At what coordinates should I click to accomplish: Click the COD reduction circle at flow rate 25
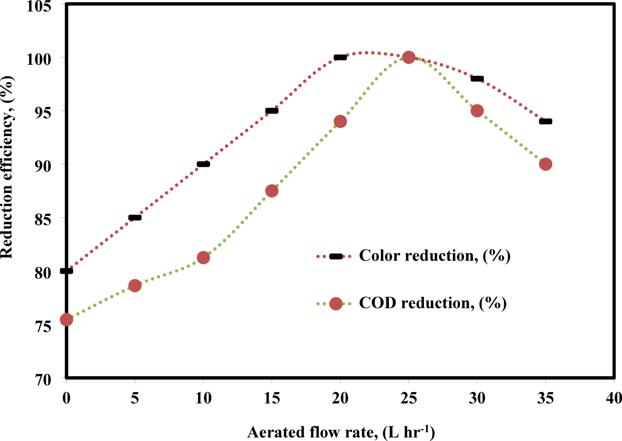pyautogui.click(x=409, y=57)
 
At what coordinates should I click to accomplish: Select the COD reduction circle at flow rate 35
pyautogui.click(x=545, y=164)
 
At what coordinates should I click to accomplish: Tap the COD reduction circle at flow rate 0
pyautogui.click(x=66, y=319)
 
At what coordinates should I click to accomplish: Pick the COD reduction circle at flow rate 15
pyautogui.click(x=272, y=191)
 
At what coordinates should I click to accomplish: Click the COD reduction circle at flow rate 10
pyautogui.click(x=203, y=258)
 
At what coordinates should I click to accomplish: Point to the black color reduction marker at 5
pyautogui.click(x=135, y=218)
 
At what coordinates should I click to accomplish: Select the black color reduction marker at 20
pyautogui.click(x=340, y=58)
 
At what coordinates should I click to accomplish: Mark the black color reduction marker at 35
pyautogui.click(x=545, y=122)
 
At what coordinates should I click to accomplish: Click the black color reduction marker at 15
pyautogui.click(x=272, y=111)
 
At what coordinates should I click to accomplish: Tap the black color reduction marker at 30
pyautogui.click(x=477, y=79)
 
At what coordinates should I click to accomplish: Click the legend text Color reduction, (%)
pyautogui.click(x=434, y=256)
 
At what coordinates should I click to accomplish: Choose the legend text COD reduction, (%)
pyautogui.click(x=432, y=303)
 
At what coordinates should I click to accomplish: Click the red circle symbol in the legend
pyautogui.click(x=336, y=304)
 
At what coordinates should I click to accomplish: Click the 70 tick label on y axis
pyautogui.click(x=43, y=380)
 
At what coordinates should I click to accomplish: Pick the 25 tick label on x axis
pyautogui.click(x=409, y=398)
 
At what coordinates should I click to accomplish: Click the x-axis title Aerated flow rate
pyautogui.click(x=341, y=432)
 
